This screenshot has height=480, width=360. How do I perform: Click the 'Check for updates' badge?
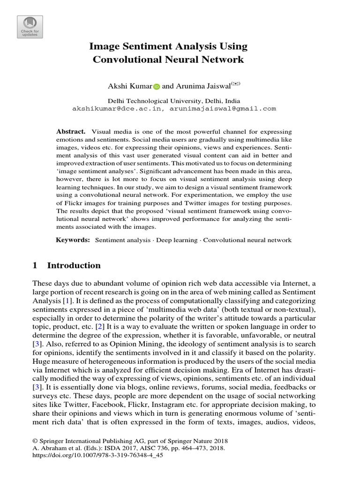30,27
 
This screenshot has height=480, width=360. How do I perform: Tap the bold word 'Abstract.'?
71,132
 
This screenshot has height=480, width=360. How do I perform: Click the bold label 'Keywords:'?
73,240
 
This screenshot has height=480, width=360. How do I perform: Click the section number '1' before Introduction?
35,265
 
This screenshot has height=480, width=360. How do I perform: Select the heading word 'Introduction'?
74,265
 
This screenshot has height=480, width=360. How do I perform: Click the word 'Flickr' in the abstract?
74,203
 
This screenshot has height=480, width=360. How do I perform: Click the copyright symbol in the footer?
35,441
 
